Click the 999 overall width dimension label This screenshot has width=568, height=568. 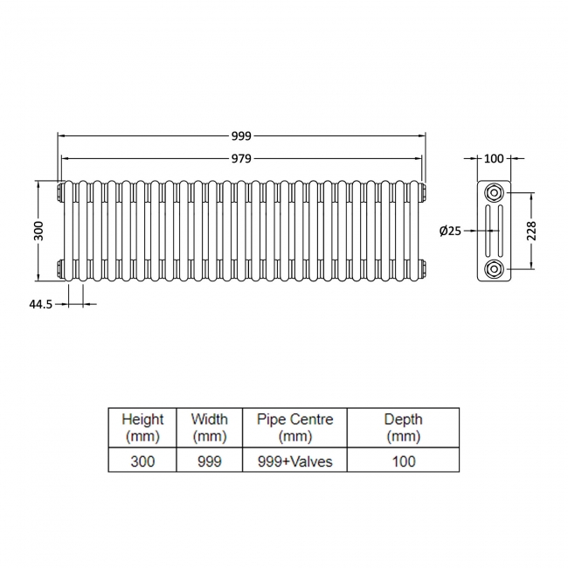pos(241,135)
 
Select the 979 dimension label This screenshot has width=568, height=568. pos(241,159)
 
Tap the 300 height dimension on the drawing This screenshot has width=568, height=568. pos(38,231)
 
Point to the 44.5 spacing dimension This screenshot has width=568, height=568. pos(40,304)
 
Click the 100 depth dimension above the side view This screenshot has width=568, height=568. pos(494,158)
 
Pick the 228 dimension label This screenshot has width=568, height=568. pos(531,231)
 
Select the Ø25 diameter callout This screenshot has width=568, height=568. pos(450,231)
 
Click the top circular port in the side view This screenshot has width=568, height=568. pos(494,193)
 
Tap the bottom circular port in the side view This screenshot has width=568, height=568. pos(494,269)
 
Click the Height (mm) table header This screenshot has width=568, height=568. pos(142,427)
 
